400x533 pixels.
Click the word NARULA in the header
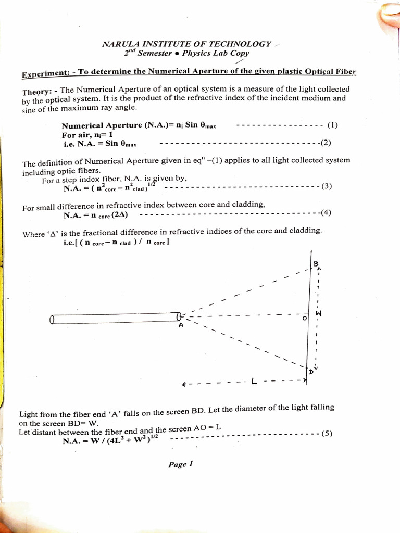coord(119,44)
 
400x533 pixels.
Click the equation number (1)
coord(333,125)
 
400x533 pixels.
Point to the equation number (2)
coord(326,143)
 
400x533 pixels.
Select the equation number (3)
coord(327,186)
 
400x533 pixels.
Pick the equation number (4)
coord(326,212)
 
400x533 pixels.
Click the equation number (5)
coord(327,433)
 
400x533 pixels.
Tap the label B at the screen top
coord(316,264)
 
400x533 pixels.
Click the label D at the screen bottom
coord(311,372)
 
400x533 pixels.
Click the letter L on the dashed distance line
coord(254,382)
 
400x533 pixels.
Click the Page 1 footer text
coord(181,464)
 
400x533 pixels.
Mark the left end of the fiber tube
coord(52,320)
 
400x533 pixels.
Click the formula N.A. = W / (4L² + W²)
coord(110,441)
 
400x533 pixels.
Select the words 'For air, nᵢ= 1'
coord(87,134)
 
